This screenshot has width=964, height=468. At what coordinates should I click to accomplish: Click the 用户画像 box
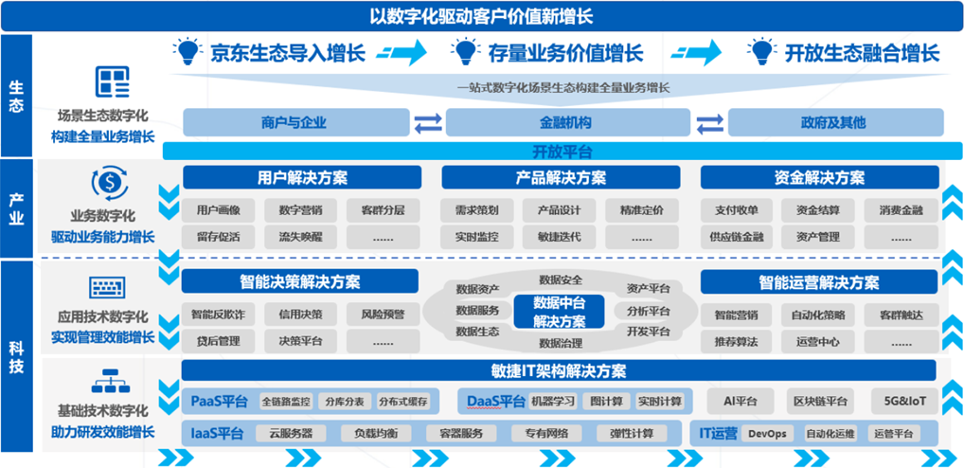pyautogui.click(x=218, y=210)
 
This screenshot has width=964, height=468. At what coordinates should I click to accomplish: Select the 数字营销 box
pyautogui.click(x=300, y=210)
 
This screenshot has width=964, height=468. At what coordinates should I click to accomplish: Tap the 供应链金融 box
pyautogui.click(x=737, y=237)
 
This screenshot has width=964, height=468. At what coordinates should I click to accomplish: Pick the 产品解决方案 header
pyautogui.click(x=561, y=178)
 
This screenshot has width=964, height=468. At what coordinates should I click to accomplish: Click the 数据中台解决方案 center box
pyautogui.click(x=559, y=312)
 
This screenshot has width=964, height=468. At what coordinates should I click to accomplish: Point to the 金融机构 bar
pyautogui.click(x=568, y=122)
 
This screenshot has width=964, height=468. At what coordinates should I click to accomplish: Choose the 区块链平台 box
pyautogui.click(x=821, y=402)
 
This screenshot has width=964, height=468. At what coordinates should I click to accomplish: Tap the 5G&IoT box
pyautogui.click(x=904, y=402)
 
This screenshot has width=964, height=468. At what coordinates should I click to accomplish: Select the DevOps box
pyautogui.click(x=767, y=434)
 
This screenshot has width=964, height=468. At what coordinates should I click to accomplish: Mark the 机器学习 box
pyautogui.click(x=552, y=402)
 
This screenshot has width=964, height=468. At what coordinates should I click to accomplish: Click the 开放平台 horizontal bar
pyautogui.click(x=562, y=151)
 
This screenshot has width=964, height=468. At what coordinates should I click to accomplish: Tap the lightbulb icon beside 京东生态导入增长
pyautogui.click(x=187, y=52)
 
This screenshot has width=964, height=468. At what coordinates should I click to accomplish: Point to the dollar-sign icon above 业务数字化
pyautogui.click(x=110, y=183)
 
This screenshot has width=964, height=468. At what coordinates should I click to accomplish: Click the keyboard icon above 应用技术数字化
pyautogui.click(x=108, y=288)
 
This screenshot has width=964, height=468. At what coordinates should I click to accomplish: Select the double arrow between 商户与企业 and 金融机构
pyautogui.click(x=428, y=123)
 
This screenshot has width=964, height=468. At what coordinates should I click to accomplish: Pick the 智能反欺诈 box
pyautogui.click(x=218, y=315)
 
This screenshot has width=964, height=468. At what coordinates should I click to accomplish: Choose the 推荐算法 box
pyautogui.click(x=737, y=341)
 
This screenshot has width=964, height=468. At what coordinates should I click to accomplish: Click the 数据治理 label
pyautogui.click(x=561, y=343)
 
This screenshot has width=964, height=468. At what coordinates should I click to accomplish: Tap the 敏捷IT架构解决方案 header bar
pyautogui.click(x=559, y=370)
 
